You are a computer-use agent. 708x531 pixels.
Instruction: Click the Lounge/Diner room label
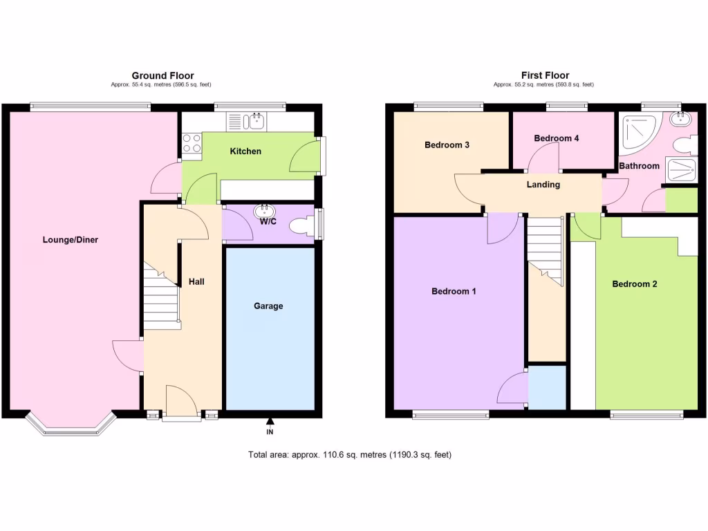click(x=71, y=240)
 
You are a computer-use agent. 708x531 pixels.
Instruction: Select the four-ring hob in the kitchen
click(x=192, y=143)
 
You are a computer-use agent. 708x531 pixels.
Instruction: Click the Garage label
click(x=268, y=306)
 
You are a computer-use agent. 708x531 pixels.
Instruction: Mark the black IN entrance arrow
click(x=270, y=422)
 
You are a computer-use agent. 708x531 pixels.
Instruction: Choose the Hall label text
click(x=196, y=281)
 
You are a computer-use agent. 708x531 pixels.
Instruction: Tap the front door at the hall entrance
click(x=183, y=403)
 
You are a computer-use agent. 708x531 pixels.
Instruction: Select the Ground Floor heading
click(x=162, y=75)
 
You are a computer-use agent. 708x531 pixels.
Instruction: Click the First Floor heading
click(x=545, y=75)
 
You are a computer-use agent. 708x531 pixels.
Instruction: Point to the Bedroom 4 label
click(x=557, y=138)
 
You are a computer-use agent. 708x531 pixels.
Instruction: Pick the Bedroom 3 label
click(x=447, y=145)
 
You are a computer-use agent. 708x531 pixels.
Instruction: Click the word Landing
click(x=543, y=185)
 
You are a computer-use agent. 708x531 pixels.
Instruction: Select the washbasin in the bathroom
click(x=682, y=119)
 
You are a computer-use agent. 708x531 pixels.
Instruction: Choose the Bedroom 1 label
click(x=454, y=291)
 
